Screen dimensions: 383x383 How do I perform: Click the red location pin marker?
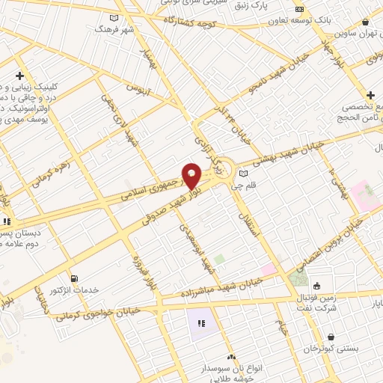pos(191,176)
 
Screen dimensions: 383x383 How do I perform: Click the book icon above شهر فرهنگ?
pos(114,18)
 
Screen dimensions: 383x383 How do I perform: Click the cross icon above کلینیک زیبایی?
pos(19,76)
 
